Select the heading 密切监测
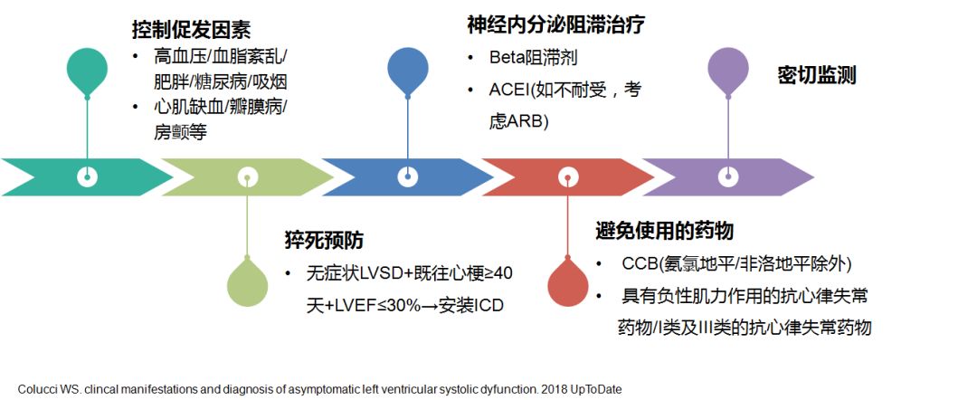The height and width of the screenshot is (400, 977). point(816,75)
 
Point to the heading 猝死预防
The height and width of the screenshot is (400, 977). point(323,241)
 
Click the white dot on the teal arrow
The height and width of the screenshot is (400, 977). point(87,176)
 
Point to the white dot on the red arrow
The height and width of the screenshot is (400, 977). point(568,176)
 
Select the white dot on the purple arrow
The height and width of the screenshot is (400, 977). point(728,176)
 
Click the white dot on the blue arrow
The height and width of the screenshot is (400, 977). point(408,176)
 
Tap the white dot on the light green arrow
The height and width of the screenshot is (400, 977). point(247,176)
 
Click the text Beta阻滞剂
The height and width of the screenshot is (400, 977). point(533,58)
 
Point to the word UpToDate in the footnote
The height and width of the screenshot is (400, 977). point(593,389)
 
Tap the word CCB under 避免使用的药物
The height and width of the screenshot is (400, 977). point(640,264)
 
